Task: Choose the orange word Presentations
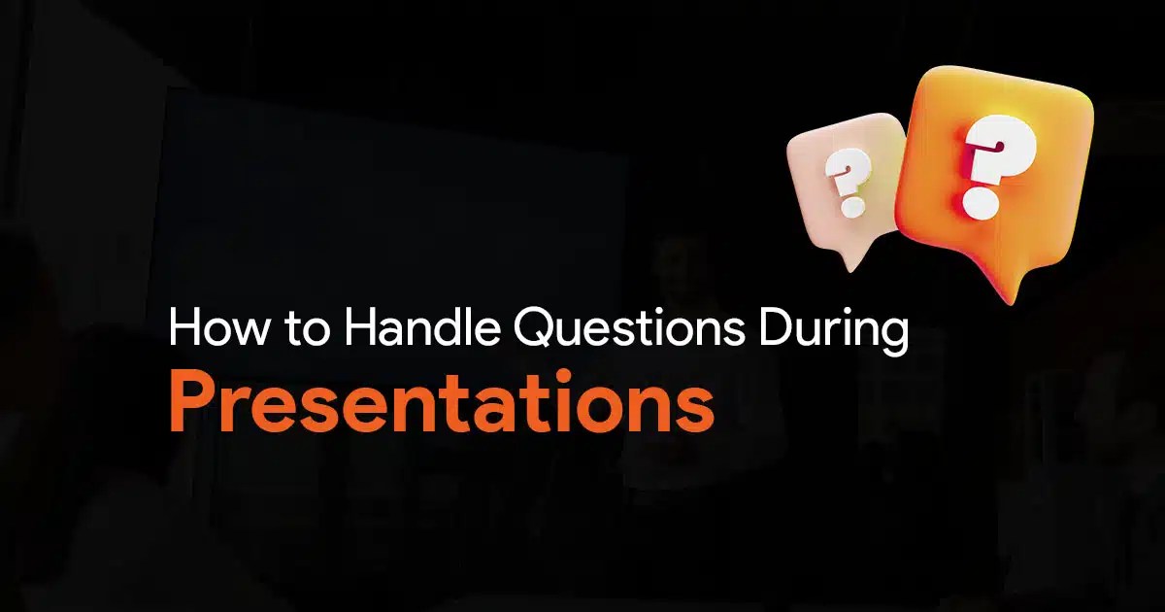pyautogui.click(x=441, y=405)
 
